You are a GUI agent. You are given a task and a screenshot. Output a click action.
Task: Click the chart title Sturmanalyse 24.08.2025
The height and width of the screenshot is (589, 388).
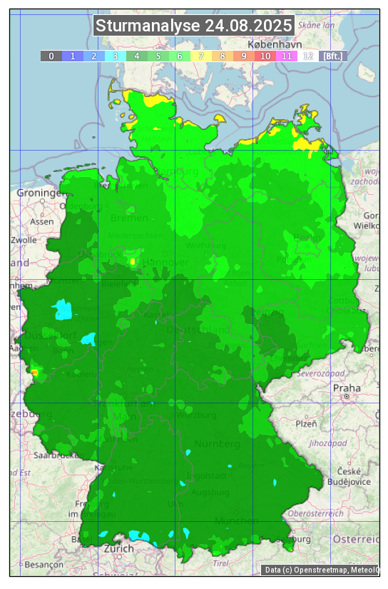(194, 26)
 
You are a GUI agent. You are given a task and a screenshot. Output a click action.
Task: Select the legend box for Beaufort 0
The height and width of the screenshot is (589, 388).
(51, 56)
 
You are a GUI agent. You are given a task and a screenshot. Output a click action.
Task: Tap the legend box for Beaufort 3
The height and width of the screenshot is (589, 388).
(116, 56)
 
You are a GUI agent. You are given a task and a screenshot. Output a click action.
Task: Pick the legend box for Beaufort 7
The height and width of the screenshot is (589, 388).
(201, 56)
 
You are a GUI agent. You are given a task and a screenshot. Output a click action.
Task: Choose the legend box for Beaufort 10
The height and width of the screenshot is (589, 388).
(265, 56)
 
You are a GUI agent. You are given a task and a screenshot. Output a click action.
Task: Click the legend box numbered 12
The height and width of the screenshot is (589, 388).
(308, 56)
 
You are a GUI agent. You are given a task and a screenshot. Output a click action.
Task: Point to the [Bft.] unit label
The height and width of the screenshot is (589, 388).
(332, 56)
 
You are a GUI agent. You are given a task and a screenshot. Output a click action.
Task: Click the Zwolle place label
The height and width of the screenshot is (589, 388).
(24, 240)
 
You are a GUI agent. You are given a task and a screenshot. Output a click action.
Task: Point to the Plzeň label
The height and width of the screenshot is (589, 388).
(306, 423)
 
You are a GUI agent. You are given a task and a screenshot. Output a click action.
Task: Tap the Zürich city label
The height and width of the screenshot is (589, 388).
(118, 548)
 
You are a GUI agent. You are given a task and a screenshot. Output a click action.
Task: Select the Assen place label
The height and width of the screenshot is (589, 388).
(43, 221)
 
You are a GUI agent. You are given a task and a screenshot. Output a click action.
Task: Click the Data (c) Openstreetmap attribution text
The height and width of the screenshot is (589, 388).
(321, 570)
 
